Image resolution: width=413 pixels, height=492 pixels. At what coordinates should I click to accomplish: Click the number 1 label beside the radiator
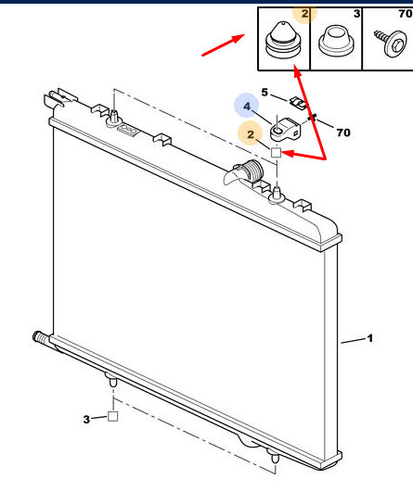[x=370, y=338]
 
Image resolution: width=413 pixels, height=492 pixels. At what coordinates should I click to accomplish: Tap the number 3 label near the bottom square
[x=86, y=419]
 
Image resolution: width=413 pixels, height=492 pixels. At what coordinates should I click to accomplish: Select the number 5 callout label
[x=265, y=93]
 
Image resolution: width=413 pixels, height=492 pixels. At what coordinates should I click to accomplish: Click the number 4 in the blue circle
[x=247, y=107]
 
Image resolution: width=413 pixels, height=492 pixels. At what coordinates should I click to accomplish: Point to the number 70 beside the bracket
[x=343, y=132]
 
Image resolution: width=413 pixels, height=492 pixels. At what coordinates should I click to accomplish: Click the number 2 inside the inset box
[x=305, y=14]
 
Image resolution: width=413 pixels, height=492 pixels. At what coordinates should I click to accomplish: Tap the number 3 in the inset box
[x=356, y=14]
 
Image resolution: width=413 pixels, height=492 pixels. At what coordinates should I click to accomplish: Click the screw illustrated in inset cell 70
[x=390, y=44]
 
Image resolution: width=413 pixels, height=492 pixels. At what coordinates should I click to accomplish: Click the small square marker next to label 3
[x=112, y=416]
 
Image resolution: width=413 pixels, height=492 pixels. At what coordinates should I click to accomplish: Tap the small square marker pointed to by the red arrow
[x=276, y=153]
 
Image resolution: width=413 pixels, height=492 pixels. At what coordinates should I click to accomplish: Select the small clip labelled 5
[x=298, y=103]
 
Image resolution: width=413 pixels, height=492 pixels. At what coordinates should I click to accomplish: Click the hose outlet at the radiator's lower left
[x=40, y=337]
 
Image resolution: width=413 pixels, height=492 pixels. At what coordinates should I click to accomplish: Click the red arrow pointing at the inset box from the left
[x=223, y=45]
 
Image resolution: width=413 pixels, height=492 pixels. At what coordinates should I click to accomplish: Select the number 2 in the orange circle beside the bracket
[x=251, y=134]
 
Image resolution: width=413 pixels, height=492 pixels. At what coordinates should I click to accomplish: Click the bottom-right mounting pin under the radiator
[x=275, y=458]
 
